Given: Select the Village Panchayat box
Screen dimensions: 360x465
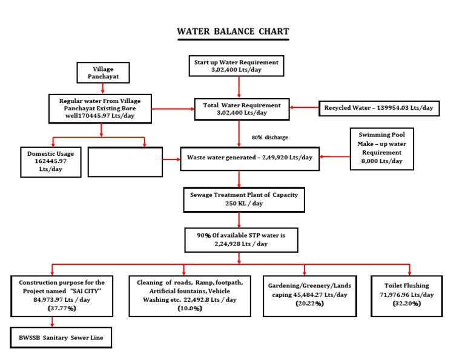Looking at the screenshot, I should click(x=102, y=73).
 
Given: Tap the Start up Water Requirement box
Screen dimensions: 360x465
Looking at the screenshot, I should click(x=236, y=66).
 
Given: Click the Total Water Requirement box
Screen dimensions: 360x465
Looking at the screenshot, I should click(x=240, y=108).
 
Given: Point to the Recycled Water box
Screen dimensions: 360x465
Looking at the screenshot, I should click(x=379, y=108).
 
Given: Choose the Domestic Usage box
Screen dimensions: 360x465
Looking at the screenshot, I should click(x=51, y=162).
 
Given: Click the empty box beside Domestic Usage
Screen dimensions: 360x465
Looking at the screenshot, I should click(x=125, y=162).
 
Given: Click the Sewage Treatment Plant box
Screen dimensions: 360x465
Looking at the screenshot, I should click(x=243, y=199).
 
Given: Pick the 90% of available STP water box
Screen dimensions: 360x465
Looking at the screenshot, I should click(x=241, y=239).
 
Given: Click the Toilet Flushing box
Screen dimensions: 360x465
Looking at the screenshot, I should click(x=409, y=294).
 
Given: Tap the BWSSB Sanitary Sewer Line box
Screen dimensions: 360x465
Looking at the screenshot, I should click(x=61, y=337).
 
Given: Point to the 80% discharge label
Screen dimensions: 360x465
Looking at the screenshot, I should click(x=269, y=138).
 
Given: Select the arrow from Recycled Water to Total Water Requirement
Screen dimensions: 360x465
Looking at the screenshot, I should click(x=305, y=108).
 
